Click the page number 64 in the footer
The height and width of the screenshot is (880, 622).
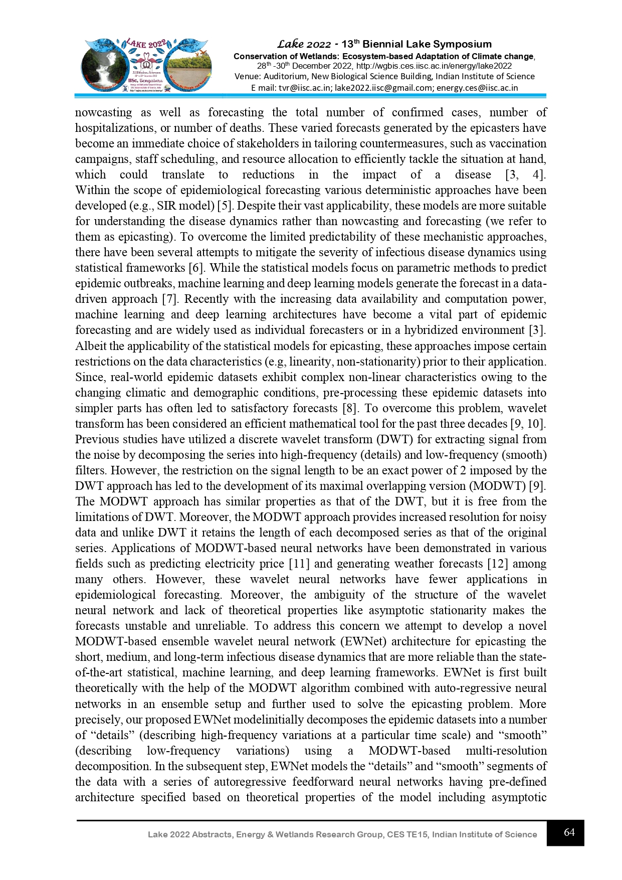tap(569, 832)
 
